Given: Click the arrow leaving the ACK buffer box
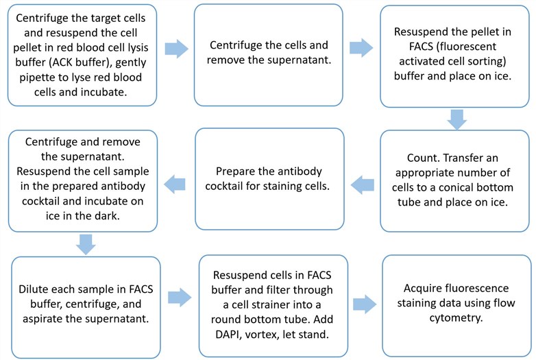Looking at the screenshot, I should pyautogui.click(x=177, y=48).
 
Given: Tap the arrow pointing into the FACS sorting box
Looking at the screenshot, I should pyautogui.click(x=361, y=48).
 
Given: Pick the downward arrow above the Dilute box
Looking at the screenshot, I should pyautogui.click(x=86, y=243).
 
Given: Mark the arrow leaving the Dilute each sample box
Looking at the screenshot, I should pyautogui.click(x=179, y=297).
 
